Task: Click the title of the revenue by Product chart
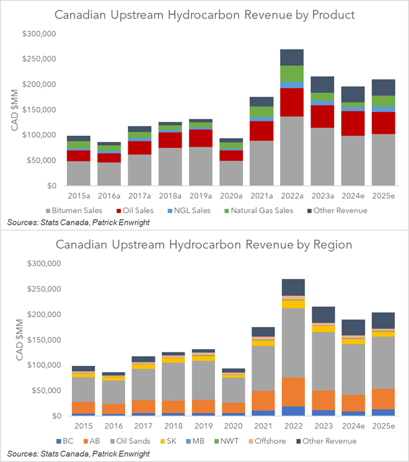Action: (x=204, y=14)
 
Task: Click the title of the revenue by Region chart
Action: (x=204, y=244)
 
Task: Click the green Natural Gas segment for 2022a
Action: (x=291, y=74)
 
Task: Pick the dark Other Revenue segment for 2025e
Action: (x=382, y=87)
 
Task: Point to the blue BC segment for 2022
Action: (x=291, y=411)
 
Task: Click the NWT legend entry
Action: (x=231, y=440)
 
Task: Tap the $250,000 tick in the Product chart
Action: (x=40, y=59)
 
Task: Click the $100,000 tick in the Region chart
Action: (x=40, y=365)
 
